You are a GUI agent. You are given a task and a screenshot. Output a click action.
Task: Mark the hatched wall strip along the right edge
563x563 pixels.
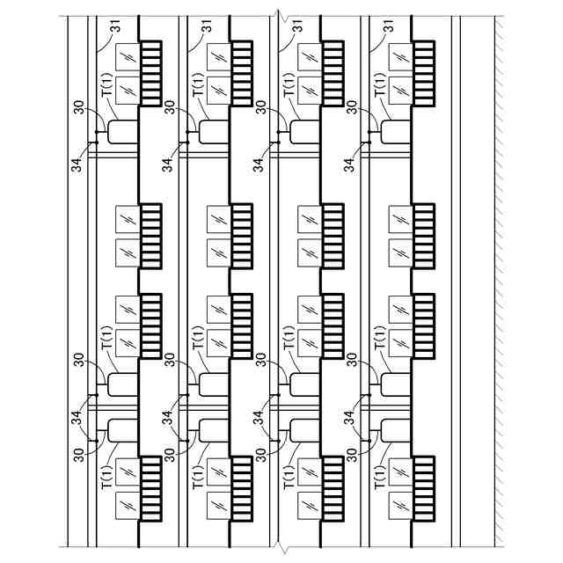(497, 281)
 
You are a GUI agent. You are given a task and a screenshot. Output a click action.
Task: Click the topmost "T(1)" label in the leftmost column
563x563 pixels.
(106, 88)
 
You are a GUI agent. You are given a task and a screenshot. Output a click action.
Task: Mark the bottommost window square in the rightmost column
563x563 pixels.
(402, 506)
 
